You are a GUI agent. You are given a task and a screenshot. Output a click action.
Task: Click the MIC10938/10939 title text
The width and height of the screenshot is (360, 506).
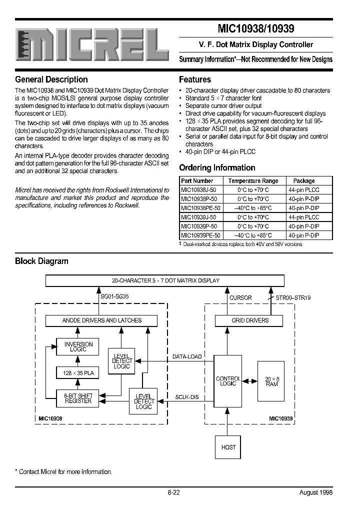pos(256,30)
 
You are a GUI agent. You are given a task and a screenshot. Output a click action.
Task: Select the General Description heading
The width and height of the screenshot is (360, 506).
pos(51,79)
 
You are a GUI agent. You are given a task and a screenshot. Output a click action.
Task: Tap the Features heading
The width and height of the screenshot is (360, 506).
pos(194,79)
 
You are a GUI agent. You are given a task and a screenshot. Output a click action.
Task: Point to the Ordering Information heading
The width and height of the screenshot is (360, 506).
pos(217,168)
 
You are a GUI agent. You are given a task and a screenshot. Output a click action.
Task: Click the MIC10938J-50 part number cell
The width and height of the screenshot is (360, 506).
pos(198,190)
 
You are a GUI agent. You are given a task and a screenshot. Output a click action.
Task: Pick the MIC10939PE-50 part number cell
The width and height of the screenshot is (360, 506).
pos(199,235)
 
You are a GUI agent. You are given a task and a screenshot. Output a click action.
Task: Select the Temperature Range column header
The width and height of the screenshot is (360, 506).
pos(253,181)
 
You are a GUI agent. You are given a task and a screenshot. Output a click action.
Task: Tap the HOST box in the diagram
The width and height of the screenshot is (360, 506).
pos(228,447)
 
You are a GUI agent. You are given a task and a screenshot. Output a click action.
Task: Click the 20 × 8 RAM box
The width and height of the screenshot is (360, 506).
pos(271,381)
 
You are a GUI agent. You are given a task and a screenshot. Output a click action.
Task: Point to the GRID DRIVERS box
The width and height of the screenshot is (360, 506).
pos(250,320)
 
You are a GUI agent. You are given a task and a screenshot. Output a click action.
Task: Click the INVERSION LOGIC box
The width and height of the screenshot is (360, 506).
pos(78,347)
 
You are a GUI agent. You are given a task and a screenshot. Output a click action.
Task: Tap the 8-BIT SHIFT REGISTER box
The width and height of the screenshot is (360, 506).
pos(78,398)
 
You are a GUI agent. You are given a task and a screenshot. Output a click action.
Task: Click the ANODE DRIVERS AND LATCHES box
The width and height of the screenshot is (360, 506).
pos(101,320)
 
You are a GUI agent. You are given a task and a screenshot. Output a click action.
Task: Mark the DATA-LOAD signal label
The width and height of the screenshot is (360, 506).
pos(186,356)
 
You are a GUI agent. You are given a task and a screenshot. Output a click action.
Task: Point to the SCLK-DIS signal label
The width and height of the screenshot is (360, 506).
pos(186,397)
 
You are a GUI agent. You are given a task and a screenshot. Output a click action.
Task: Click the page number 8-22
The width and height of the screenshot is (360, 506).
pos(173,492)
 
